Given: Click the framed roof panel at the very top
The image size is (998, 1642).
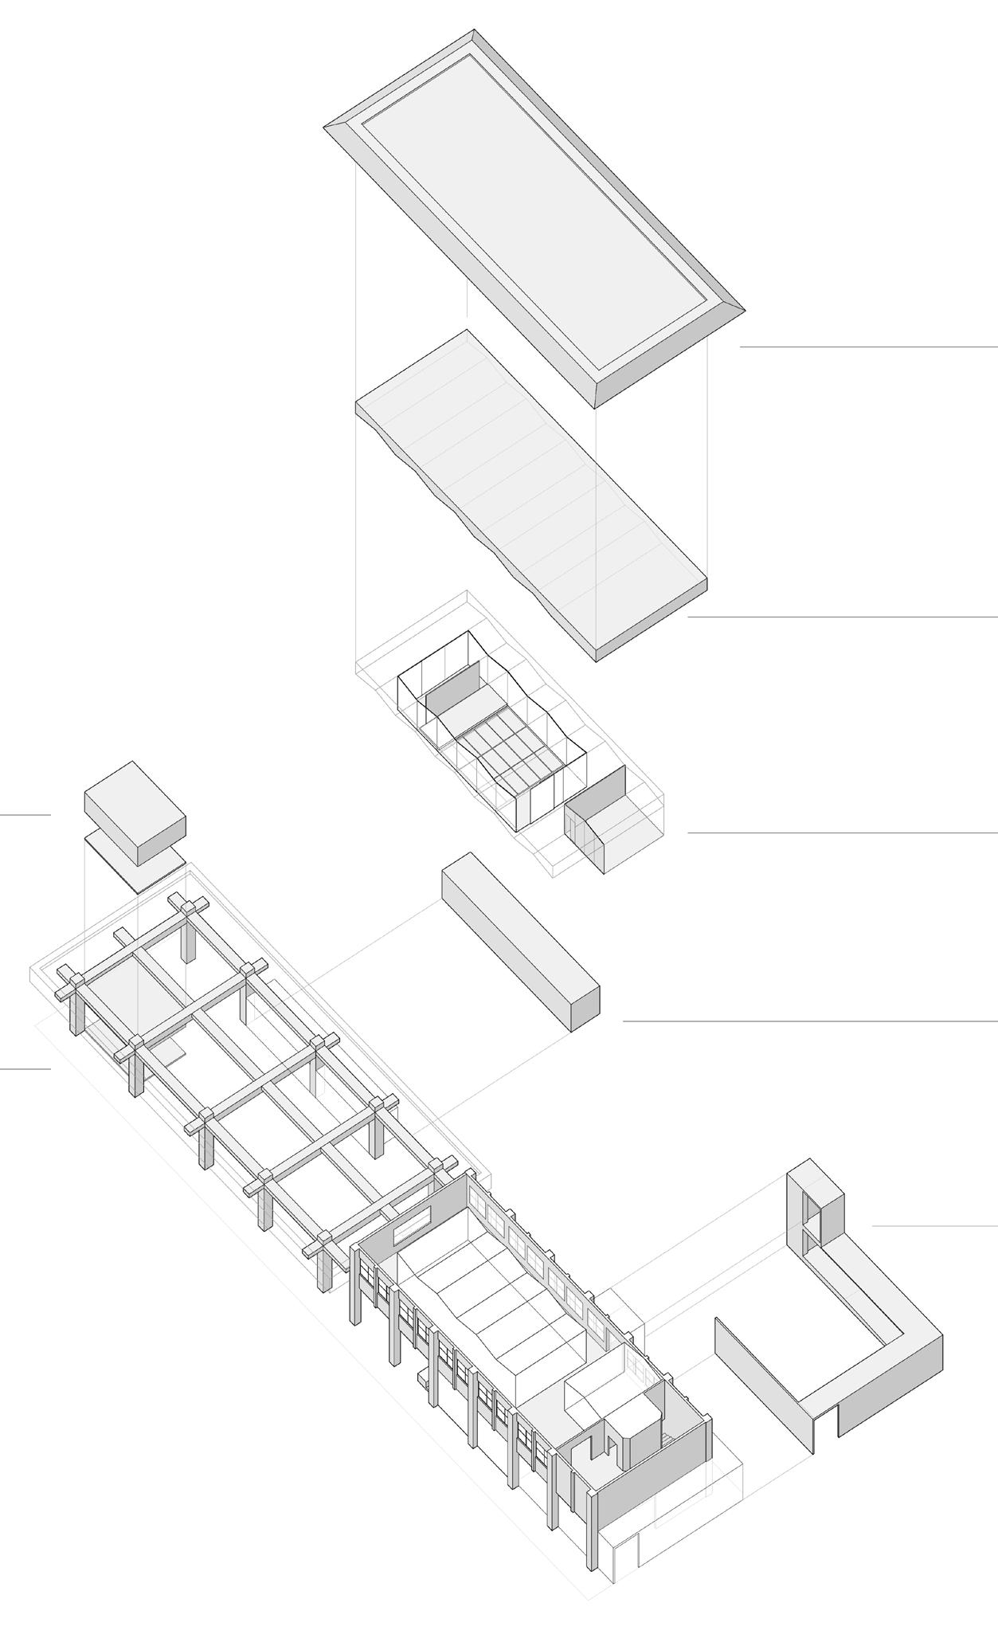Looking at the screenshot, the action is [534, 215].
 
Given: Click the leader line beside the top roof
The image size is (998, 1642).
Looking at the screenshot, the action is [868, 347].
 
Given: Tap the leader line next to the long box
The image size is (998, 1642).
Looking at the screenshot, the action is [809, 1021].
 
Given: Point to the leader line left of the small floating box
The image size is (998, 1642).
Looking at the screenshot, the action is [25, 815].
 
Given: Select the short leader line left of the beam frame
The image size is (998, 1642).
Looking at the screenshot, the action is [25, 1069].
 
